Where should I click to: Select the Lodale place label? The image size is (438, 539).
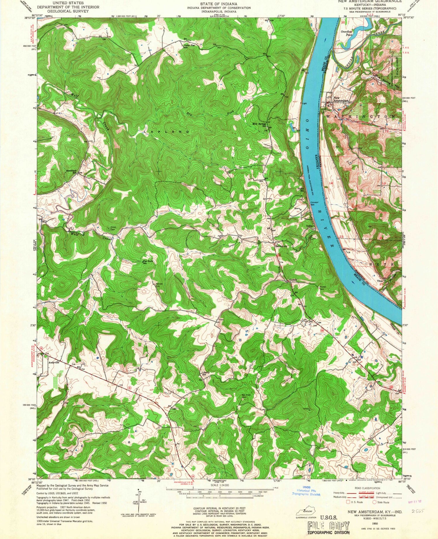[x=293, y=280]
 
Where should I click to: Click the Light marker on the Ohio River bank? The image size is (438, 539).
[x=305, y=103]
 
